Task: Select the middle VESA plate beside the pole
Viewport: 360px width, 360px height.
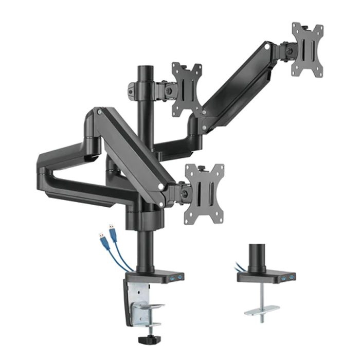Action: pyautogui.click(x=187, y=89)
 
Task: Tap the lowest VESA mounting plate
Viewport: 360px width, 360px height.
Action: pyautogui.click(x=204, y=194)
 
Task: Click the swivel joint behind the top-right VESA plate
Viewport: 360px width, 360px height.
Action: pyautogui.click(x=286, y=51)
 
